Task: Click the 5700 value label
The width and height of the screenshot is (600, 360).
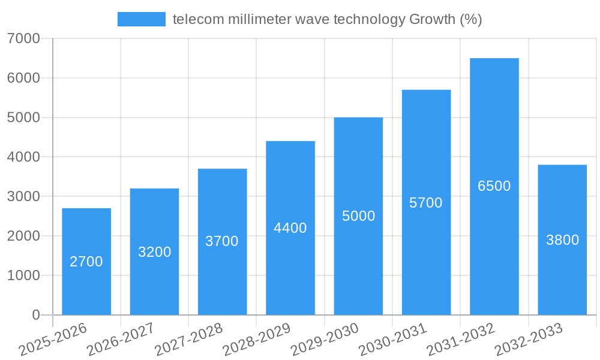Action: (x=426, y=203)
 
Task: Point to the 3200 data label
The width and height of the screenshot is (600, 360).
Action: (x=155, y=252)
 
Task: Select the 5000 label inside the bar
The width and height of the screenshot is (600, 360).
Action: (x=358, y=216)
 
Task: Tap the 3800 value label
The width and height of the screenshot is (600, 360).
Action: (x=562, y=240)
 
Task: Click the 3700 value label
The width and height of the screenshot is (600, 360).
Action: (x=222, y=241)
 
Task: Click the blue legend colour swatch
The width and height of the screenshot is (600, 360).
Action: (x=142, y=19)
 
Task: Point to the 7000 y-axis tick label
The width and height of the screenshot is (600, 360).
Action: (x=24, y=38)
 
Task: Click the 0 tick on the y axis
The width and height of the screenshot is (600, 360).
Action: (x=35, y=315)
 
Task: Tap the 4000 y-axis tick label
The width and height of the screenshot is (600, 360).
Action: (x=24, y=157)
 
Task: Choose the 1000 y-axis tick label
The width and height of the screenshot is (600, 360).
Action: (x=24, y=275)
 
